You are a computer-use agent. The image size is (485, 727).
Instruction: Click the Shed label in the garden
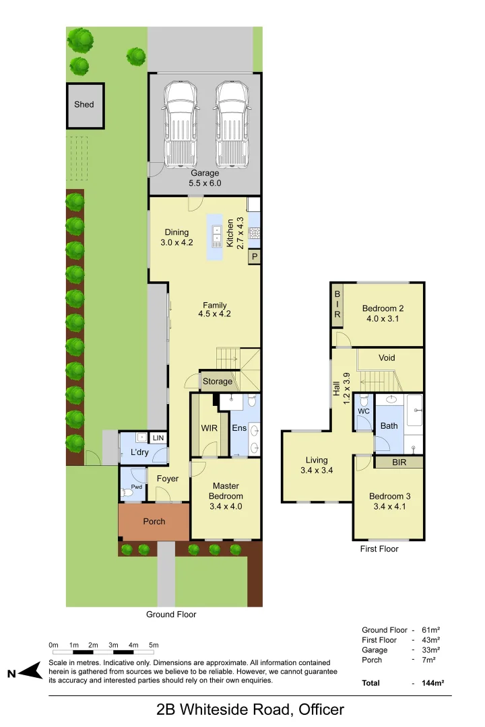pyautogui.click(x=84, y=104)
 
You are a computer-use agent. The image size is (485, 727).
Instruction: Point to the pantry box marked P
pyautogui.click(x=255, y=256)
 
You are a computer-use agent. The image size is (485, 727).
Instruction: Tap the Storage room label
pyautogui.click(x=218, y=382)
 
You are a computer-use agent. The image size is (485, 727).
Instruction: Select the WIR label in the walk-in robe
pyautogui.click(x=207, y=427)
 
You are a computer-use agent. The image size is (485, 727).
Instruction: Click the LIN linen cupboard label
pyautogui.click(x=158, y=438)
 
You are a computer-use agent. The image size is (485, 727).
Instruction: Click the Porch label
pyautogui.click(x=154, y=522)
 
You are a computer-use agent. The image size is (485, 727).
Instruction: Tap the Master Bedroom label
pyautogui.click(x=226, y=491)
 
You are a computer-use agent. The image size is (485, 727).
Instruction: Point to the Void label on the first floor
pyautogui.click(x=387, y=357)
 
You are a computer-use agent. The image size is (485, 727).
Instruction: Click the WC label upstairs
pyautogui.click(x=364, y=411)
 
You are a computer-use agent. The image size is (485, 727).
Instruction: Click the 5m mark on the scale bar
pyautogui.click(x=154, y=646)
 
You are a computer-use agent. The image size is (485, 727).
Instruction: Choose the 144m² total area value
pyautogui.click(x=432, y=683)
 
